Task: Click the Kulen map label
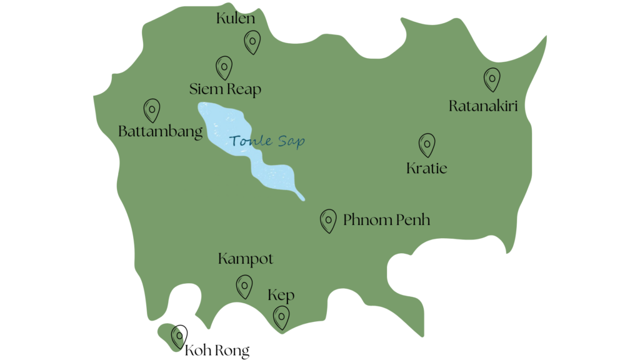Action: [x=236, y=18]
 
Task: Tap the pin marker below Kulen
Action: [x=251, y=42]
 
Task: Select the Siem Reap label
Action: [x=225, y=89]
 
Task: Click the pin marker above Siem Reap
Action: [x=224, y=66]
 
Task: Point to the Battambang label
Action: [x=161, y=131]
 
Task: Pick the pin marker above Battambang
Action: [x=151, y=109]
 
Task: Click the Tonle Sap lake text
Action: [x=267, y=141]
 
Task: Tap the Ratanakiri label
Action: [x=483, y=106]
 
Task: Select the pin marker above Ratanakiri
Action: [x=492, y=79]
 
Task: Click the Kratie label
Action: [x=427, y=168]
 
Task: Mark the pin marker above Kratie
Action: [x=427, y=144]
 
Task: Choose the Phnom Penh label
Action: [x=386, y=220]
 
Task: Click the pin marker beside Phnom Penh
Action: [x=328, y=221]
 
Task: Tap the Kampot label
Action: [x=246, y=259]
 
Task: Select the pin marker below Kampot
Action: [x=244, y=286]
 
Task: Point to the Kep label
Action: [x=281, y=295]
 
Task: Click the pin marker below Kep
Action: [x=282, y=317]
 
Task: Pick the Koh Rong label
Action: [x=217, y=351]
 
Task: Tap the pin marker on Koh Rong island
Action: [x=179, y=336]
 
